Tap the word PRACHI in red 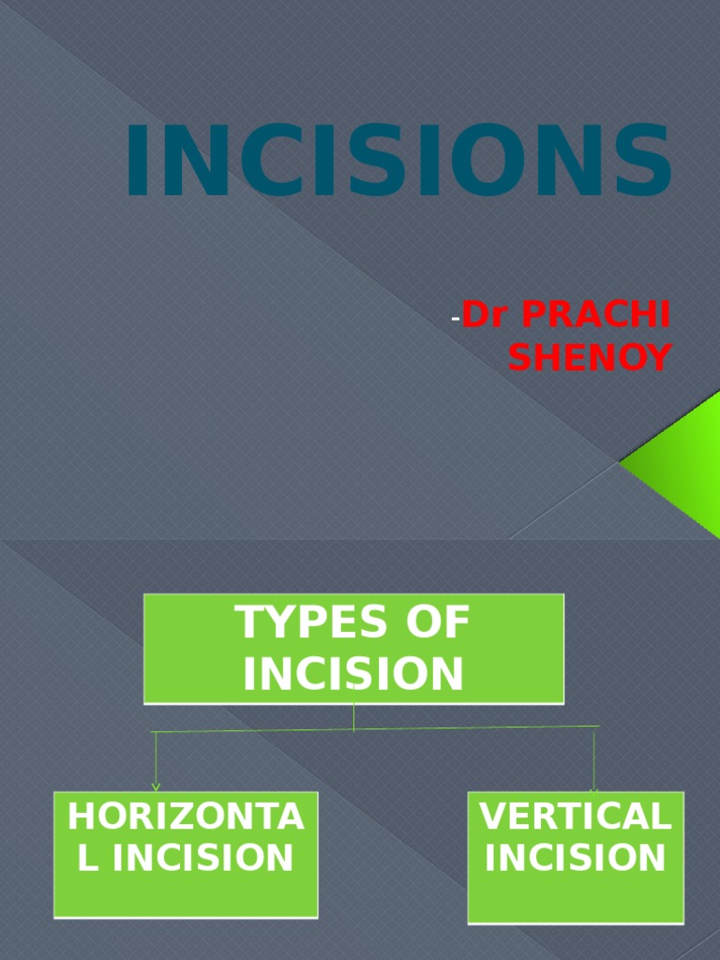(x=596, y=317)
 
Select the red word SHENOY (x=591, y=357)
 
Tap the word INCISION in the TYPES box (x=353, y=673)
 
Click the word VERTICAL (x=576, y=817)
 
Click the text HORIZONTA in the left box (x=186, y=817)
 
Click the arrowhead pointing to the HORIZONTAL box (x=156, y=787)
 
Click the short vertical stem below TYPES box (x=353, y=717)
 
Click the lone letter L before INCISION (x=87, y=858)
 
